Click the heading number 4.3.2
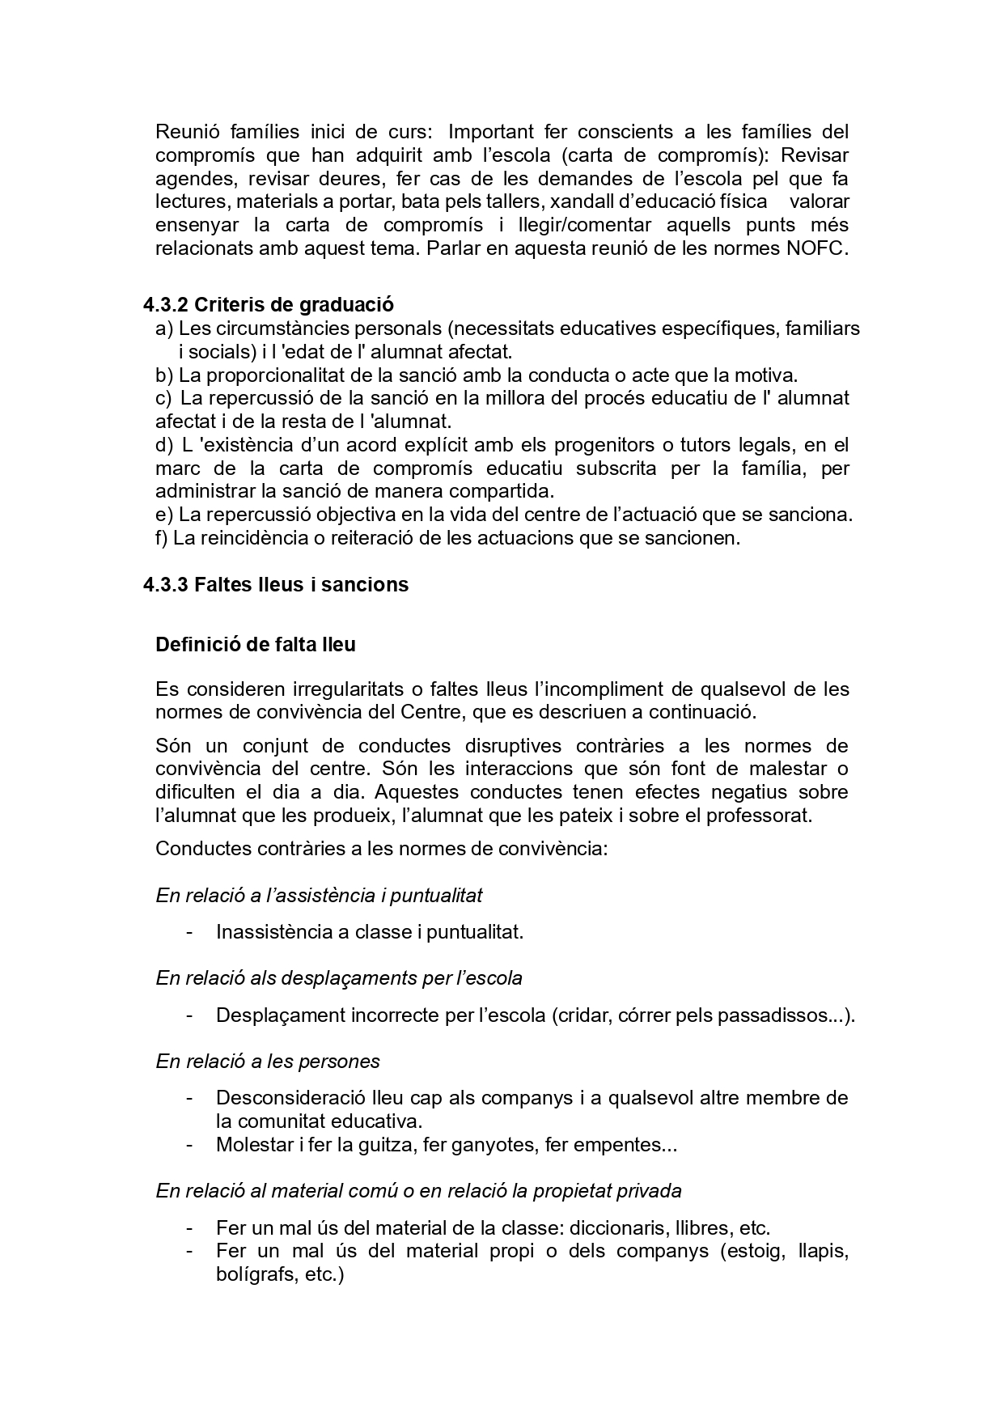click(x=166, y=305)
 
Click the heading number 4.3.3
click(x=166, y=584)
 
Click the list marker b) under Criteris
click(x=164, y=375)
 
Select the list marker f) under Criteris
click(x=162, y=538)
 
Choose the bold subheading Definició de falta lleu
click(x=255, y=645)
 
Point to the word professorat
click(x=758, y=815)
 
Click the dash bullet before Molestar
click(x=189, y=1145)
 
